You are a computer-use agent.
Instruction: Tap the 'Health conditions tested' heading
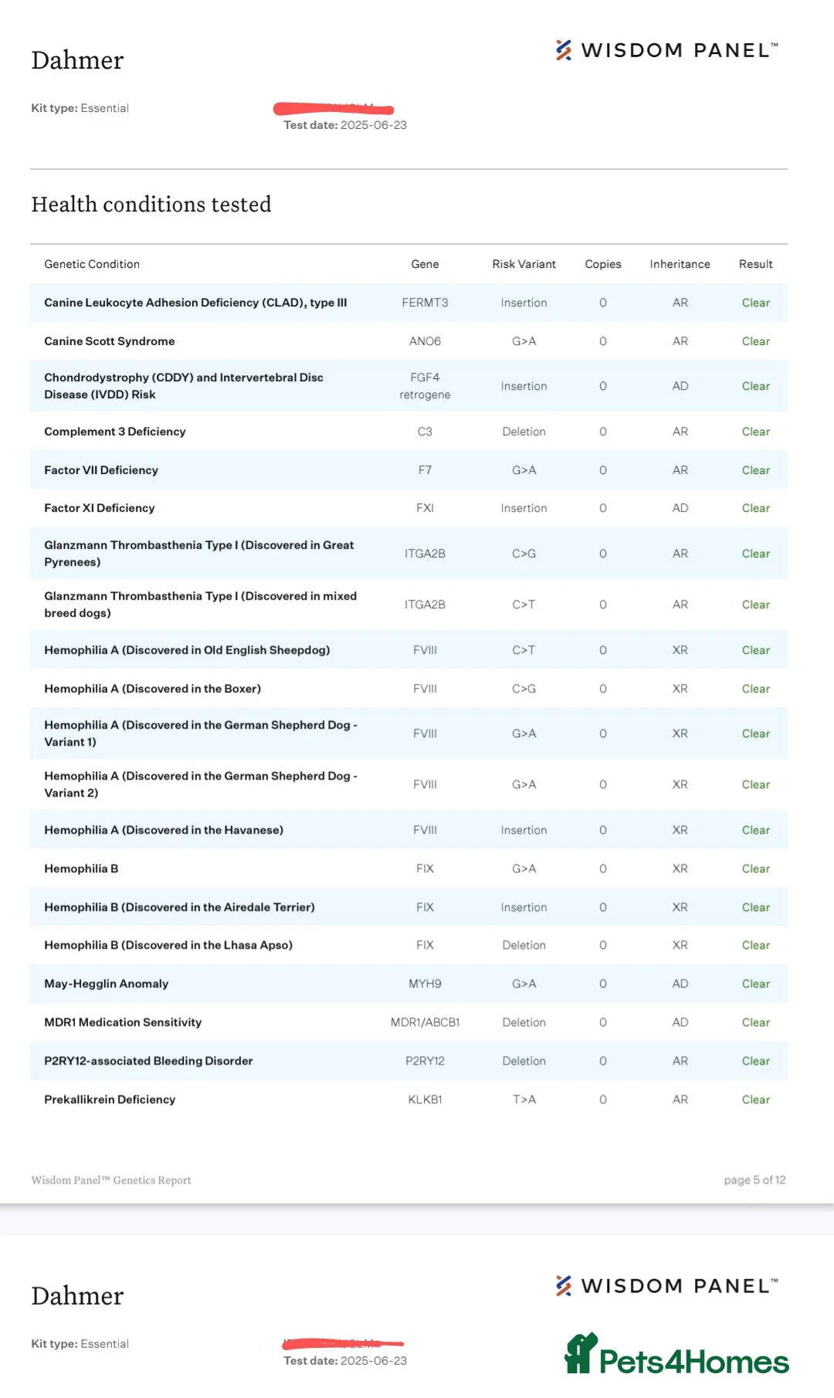click(151, 205)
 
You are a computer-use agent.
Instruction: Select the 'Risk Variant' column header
click(524, 264)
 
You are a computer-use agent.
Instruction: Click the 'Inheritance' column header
click(680, 264)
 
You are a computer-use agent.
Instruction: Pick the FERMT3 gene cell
click(425, 303)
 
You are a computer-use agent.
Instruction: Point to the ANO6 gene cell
click(425, 341)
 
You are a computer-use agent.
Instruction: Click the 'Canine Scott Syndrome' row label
click(110, 341)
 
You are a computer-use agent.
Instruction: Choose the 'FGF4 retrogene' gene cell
click(425, 386)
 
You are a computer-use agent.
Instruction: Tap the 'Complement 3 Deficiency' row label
click(115, 432)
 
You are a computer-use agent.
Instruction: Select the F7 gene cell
click(425, 470)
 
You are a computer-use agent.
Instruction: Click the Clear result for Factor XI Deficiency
click(755, 508)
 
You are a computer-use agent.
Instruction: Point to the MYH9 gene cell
click(425, 983)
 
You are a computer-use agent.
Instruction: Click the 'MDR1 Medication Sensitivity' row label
click(123, 1022)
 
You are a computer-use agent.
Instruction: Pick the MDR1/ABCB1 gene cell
click(425, 1022)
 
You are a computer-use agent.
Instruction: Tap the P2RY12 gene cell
click(425, 1061)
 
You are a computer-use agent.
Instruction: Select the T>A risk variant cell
click(524, 1099)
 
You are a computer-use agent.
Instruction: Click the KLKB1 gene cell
click(425, 1099)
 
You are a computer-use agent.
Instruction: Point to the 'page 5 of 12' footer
click(754, 1180)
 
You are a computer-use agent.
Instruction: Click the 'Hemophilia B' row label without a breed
click(81, 868)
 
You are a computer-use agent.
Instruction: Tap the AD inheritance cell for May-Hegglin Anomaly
click(680, 983)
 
